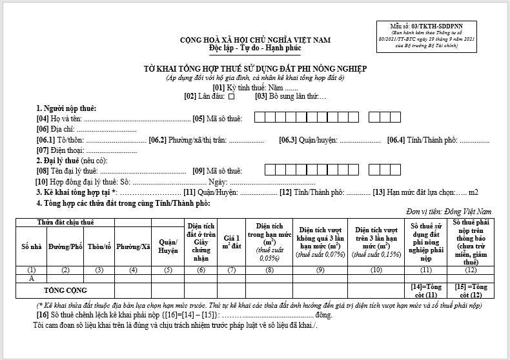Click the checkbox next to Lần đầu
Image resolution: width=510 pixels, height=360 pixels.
(231, 97)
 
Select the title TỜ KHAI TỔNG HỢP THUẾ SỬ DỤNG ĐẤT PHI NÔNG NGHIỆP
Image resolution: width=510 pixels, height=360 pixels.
(255, 68)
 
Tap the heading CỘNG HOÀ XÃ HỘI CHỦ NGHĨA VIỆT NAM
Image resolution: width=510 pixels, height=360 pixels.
(255, 40)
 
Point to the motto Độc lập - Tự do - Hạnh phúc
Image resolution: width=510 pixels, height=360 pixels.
(255, 48)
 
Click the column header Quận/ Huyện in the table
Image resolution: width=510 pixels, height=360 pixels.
(168, 246)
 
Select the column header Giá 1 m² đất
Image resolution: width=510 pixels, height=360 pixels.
(232, 243)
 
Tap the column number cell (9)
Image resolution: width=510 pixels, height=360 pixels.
(320, 270)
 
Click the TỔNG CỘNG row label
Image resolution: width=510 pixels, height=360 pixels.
(65, 290)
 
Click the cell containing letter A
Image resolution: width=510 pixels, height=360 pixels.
(31, 279)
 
